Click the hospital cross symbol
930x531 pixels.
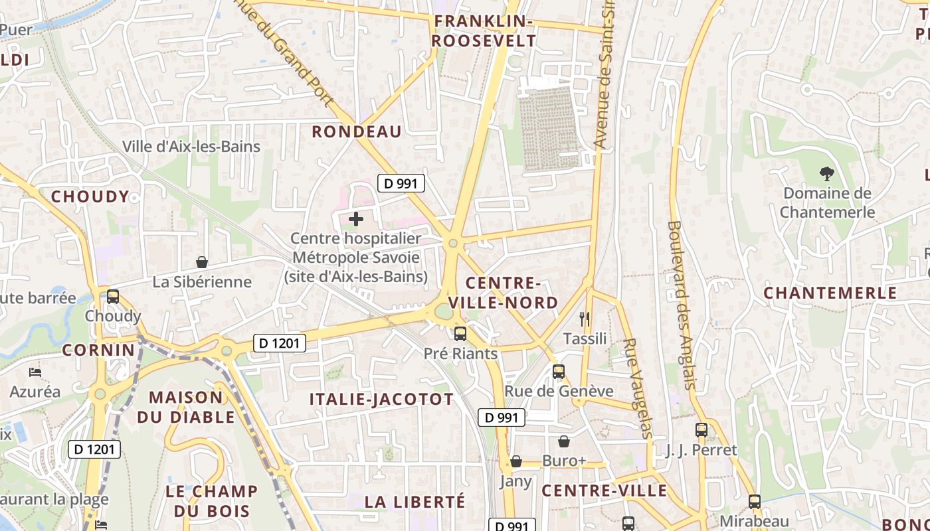pos(356,218)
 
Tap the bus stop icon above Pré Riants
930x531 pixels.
pos(460,333)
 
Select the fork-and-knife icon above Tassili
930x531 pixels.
pos(585,319)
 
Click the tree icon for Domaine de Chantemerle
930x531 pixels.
pos(827,174)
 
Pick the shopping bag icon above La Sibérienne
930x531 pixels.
pos(202,262)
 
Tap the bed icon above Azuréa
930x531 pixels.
pos(35,372)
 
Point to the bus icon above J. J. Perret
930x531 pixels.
pos(701,430)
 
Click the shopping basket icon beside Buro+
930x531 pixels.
pos(564,441)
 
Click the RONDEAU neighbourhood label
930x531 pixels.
pos(357,131)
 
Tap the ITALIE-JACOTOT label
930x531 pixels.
pos(381,399)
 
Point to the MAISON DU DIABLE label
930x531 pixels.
pos(186,407)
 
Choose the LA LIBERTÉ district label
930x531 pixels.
pos(415,501)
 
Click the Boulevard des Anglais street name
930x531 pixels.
pos(683,305)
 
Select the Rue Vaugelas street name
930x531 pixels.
pos(638,388)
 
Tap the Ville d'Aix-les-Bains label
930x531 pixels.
pos(191,146)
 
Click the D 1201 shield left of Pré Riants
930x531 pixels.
pos(280,343)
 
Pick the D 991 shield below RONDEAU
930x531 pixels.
pos(401,183)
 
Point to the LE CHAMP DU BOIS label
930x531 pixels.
pos(211,501)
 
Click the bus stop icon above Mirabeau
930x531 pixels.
pos(755,502)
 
